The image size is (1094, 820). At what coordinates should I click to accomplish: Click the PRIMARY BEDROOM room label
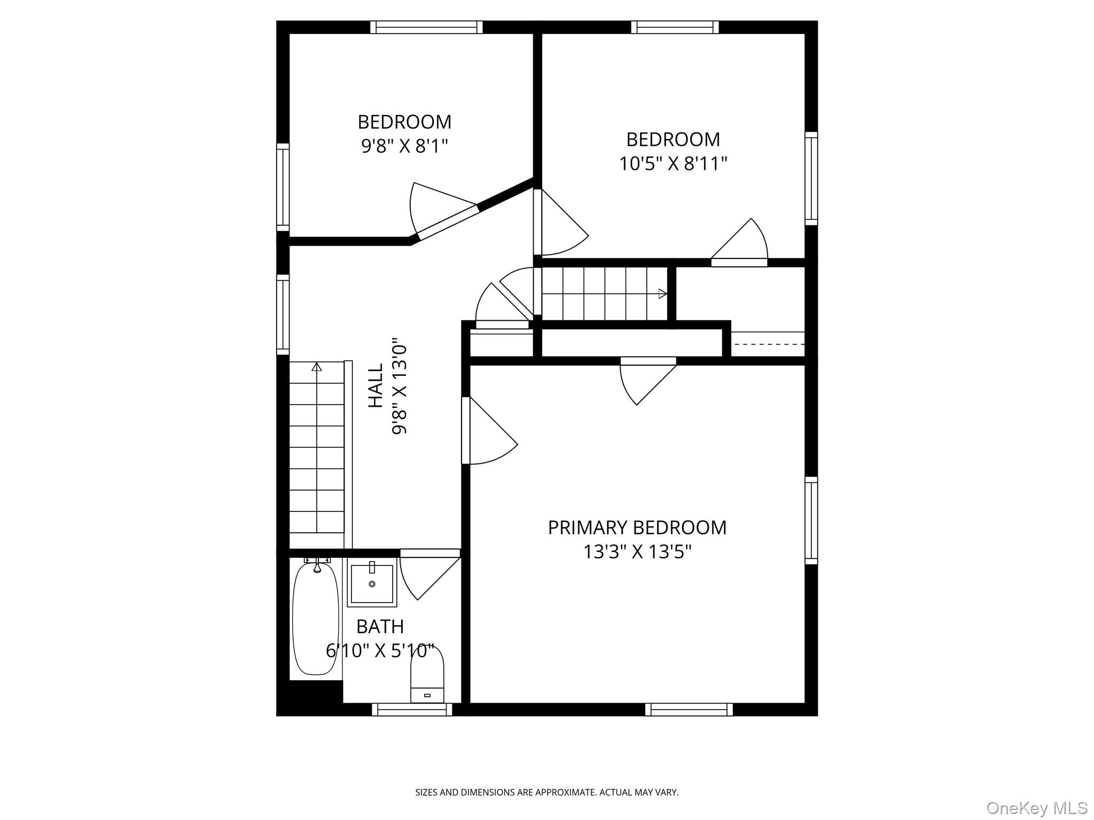point(637,527)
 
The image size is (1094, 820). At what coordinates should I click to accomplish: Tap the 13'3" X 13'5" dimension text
point(637,551)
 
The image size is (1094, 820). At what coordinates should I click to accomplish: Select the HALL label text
point(376,385)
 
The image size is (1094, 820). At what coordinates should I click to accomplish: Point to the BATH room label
point(380,626)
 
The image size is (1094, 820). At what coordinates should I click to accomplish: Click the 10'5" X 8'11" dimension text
point(673,163)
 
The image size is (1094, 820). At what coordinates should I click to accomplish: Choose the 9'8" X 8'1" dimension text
point(404,146)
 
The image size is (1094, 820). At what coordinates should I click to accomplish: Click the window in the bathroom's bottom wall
point(412,709)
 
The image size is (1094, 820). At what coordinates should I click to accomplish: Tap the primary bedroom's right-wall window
point(811,521)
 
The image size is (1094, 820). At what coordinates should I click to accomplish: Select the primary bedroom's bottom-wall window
point(689,709)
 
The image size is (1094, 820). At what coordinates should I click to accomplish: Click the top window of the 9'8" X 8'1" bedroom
point(426,27)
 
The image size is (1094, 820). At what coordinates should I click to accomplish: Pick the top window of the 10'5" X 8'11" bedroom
point(675,27)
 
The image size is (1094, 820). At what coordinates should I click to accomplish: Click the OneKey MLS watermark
point(1037,808)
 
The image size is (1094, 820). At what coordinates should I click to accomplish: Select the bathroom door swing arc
point(408,582)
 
